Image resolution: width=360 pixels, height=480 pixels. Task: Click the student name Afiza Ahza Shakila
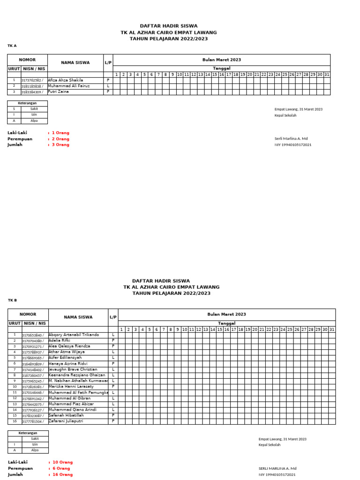click(x=66, y=80)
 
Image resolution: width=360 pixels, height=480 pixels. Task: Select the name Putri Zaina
click(x=59, y=92)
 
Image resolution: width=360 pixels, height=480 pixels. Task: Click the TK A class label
click(x=12, y=46)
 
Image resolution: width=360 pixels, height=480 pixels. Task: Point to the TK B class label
click(x=12, y=300)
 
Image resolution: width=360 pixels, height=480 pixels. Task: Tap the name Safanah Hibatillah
click(x=67, y=415)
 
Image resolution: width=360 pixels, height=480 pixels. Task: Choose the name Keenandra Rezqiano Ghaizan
click(x=77, y=375)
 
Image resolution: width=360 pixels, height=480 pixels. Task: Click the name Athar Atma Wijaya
click(x=67, y=352)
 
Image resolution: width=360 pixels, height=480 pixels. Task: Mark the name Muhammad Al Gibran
click(x=70, y=398)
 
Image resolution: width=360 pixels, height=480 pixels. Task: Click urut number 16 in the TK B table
click(x=15, y=421)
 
